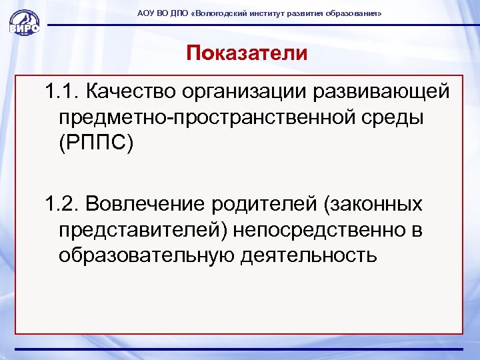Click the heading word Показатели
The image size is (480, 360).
[x=247, y=53]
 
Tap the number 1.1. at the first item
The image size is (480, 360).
[x=63, y=91]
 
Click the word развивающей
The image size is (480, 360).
[x=386, y=91]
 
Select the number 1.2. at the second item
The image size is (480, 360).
[x=63, y=202]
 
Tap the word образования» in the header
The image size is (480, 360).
[x=353, y=13]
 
